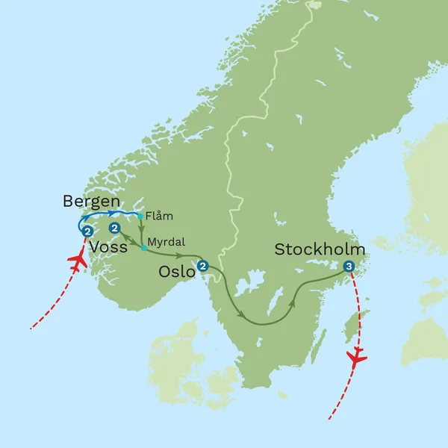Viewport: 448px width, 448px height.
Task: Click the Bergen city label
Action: point(90,202)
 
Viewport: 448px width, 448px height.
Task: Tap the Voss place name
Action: point(108,247)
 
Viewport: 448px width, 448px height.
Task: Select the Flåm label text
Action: point(159,217)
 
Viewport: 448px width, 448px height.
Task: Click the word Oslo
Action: point(176,273)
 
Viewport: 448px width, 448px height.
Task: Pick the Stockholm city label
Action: point(320,249)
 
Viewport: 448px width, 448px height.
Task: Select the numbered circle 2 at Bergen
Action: point(87,231)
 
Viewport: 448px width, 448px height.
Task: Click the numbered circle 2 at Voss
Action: point(114,227)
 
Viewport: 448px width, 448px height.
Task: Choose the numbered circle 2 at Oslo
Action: point(202,265)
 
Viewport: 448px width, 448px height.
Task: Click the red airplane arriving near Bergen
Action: point(78,261)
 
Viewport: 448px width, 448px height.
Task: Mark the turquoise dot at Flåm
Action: point(140,217)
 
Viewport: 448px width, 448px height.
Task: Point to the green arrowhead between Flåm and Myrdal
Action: point(141,231)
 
